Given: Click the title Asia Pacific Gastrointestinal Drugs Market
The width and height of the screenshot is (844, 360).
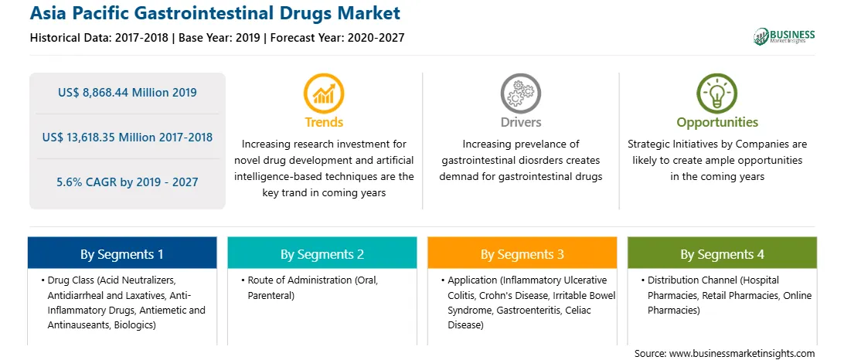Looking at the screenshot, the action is (x=215, y=13).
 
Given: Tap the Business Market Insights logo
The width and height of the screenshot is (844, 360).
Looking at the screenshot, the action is (x=784, y=36).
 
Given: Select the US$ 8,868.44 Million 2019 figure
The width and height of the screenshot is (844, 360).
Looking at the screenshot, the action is (x=127, y=93).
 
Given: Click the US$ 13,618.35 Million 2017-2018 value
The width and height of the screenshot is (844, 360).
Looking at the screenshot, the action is (x=127, y=138).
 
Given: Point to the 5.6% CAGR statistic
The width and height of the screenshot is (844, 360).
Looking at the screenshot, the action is (x=127, y=182).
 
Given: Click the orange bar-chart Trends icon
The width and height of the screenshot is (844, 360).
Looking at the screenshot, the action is (x=324, y=93).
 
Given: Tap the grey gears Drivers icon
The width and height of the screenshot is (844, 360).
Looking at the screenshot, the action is (x=520, y=93).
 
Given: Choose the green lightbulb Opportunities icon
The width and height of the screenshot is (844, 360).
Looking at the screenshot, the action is (x=717, y=93).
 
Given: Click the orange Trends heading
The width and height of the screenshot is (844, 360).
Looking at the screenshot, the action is (x=324, y=122).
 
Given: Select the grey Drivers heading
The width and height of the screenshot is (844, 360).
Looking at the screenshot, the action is (x=520, y=122).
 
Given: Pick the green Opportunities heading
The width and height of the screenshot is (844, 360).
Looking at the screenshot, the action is (x=717, y=123).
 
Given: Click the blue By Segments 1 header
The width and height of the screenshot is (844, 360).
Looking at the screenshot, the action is (x=122, y=254).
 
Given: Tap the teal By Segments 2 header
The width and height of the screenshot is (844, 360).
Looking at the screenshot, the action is (x=322, y=254).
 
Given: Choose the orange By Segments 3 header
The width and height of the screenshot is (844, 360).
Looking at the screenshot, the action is (x=522, y=254).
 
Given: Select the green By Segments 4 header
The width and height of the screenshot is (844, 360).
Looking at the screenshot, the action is (x=723, y=254).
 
